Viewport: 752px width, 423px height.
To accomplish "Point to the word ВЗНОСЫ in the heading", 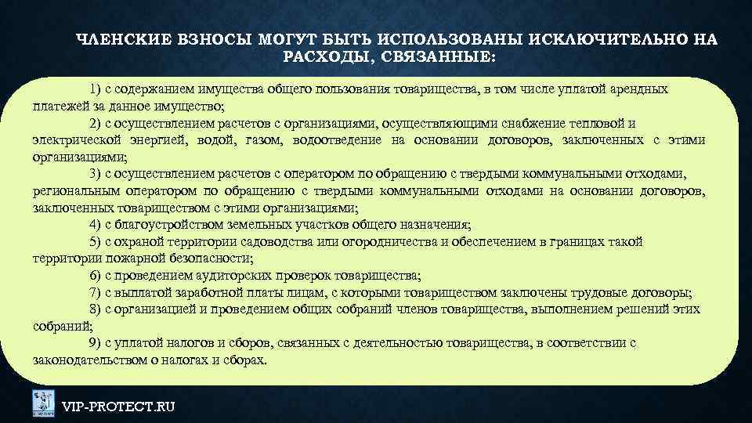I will pyautogui.click(x=206, y=40).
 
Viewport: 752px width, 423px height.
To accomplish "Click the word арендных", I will pyautogui.click(x=638, y=89).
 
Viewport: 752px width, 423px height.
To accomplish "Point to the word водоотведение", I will pyautogui.click(x=333, y=140).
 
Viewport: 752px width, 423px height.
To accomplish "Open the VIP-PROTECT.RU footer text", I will pyautogui.click(x=118, y=406).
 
